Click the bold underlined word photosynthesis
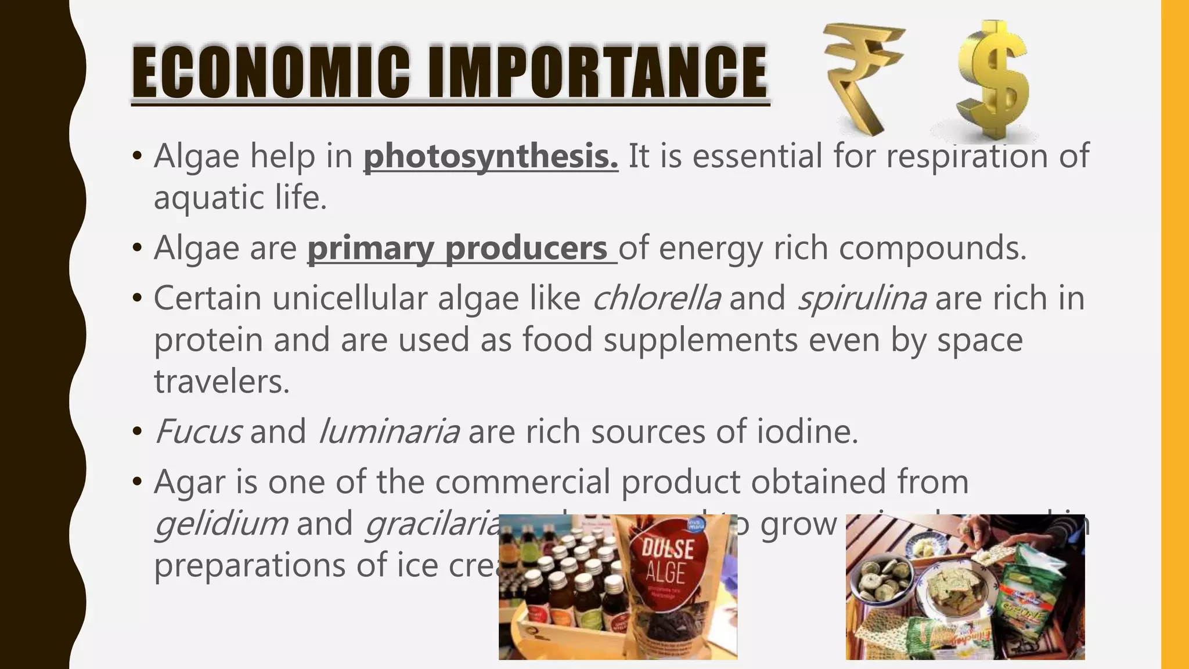[491, 157]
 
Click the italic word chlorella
[657, 298]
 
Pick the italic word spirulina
[862, 298]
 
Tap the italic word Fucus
[198, 432]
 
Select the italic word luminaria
[390, 432]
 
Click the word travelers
[221, 382]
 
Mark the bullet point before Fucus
[137, 433]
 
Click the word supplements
[700, 340]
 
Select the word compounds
[932, 249]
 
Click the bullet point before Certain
[137, 299]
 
